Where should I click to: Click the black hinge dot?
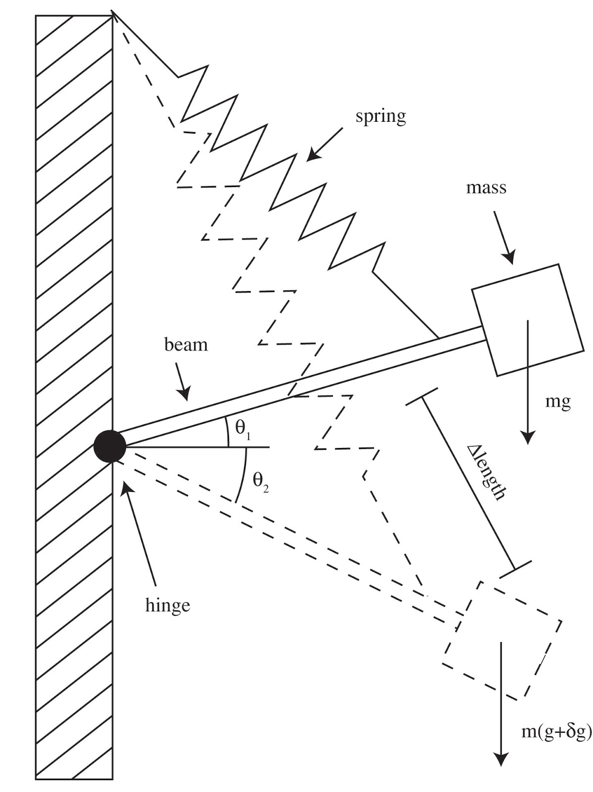(110, 446)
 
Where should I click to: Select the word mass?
(486, 188)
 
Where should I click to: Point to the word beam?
(186, 345)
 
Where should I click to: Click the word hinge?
(168, 605)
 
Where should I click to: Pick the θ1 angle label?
(243, 429)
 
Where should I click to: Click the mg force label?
(558, 403)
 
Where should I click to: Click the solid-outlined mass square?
(528, 320)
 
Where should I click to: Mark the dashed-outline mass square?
(502, 641)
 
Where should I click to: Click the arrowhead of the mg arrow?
(528, 439)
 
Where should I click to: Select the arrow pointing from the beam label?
(182, 382)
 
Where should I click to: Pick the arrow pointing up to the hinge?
(138, 533)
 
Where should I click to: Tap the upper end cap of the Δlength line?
(422, 396)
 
